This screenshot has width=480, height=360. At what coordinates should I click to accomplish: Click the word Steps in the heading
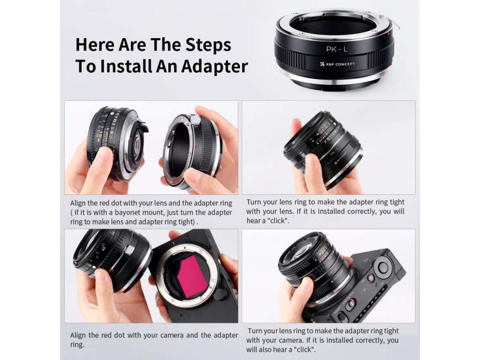pos(208,45)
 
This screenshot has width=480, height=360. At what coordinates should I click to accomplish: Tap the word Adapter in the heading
pos(214,66)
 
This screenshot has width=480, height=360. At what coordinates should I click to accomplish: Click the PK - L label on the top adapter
pos(337,49)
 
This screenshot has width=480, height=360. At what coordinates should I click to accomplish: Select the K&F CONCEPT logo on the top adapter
pos(337,64)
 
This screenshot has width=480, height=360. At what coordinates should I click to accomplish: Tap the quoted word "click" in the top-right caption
pos(278,221)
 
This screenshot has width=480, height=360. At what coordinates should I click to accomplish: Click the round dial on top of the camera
pos(382,267)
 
